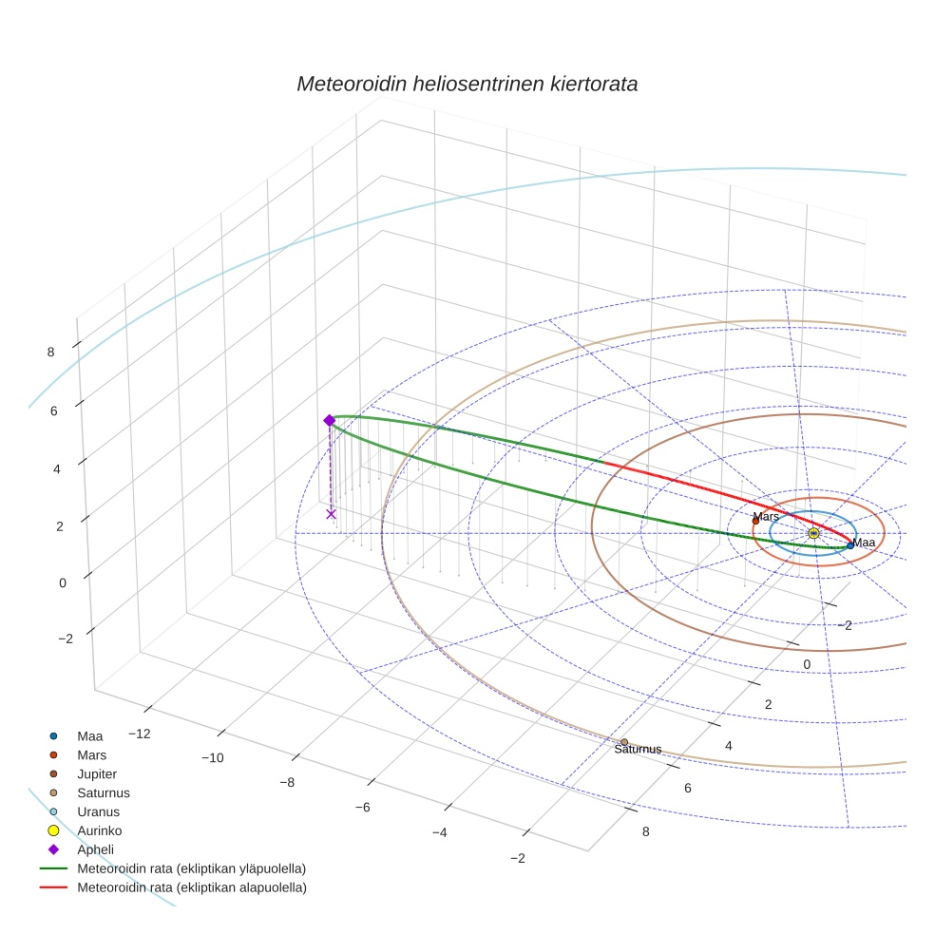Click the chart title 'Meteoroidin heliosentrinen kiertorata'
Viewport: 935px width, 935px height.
[x=467, y=84]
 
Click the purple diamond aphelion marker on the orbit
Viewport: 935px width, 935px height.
[x=330, y=420]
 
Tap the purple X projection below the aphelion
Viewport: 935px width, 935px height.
[x=331, y=514]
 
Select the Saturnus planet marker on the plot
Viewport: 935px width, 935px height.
[x=624, y=742]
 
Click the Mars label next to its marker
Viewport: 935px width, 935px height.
[x=766, y=516]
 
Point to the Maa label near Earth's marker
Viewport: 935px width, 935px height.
[x=864, y=543]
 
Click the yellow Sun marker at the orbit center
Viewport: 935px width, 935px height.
[x=813, y=534]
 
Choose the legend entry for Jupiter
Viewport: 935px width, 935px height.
[x=97, y=773]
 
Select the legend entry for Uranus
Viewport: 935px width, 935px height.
[x=98, y=811]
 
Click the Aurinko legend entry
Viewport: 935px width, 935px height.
[x=100, y=830]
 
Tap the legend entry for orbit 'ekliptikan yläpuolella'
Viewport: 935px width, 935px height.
[x=191, y=868]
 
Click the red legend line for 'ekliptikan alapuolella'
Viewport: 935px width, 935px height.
[x=54, y=887]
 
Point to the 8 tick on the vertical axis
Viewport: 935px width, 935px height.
[x=50, y=352]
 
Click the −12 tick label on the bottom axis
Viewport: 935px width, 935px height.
[x=141, y=734]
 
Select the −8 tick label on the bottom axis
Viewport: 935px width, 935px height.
[x=286, y=782]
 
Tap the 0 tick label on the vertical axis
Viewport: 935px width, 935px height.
[x=62, y=583]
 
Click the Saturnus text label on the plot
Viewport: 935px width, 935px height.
[x=638, y=750]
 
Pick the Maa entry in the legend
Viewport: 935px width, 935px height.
[x=90, y=735]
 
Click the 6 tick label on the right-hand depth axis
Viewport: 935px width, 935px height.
[x=687, y=789]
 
